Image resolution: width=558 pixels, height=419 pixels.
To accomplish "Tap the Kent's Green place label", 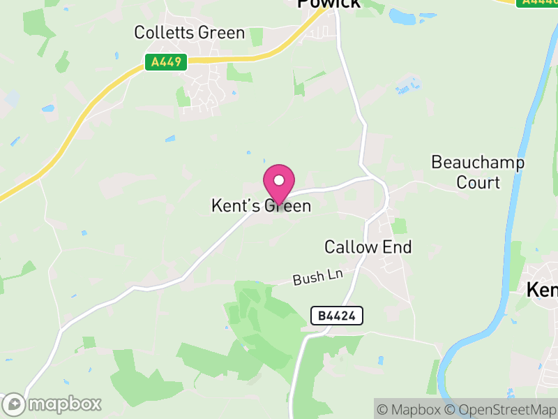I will coord(261,206).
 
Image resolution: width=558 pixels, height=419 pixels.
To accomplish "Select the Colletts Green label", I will coord(190,33).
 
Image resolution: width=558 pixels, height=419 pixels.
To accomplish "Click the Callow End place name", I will coord(368,247).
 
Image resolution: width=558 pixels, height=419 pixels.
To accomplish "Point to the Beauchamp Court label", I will coord(478,172).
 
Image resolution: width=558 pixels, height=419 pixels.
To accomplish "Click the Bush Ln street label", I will coord(318,277).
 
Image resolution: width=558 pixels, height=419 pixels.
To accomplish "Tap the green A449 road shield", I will coord(167,62).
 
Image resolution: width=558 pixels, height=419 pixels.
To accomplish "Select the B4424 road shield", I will coord(336,316).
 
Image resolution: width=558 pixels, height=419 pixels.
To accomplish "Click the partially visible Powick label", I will coord(329,3).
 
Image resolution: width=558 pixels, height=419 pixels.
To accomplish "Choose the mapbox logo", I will coord(52,404).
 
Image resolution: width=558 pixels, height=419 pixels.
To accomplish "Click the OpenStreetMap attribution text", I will coord(501,409).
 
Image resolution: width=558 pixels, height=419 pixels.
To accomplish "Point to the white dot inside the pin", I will coord(279,180).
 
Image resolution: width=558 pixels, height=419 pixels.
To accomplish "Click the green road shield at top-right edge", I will coord(537,3).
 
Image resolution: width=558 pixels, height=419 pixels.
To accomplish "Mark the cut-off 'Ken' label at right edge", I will coord(542,289).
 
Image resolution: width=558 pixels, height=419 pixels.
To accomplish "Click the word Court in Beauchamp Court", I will coord(478,182).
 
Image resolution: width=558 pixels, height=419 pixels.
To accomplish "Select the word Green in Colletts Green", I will coord(221,33).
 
